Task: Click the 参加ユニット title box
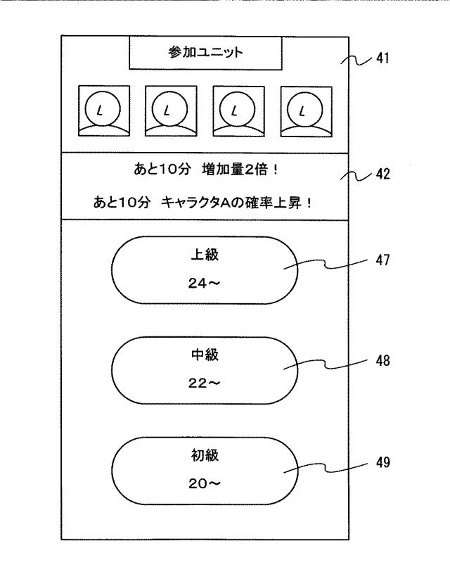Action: click(205, 53)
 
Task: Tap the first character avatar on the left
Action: click(98, 110)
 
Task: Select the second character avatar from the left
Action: click(167, 110)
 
